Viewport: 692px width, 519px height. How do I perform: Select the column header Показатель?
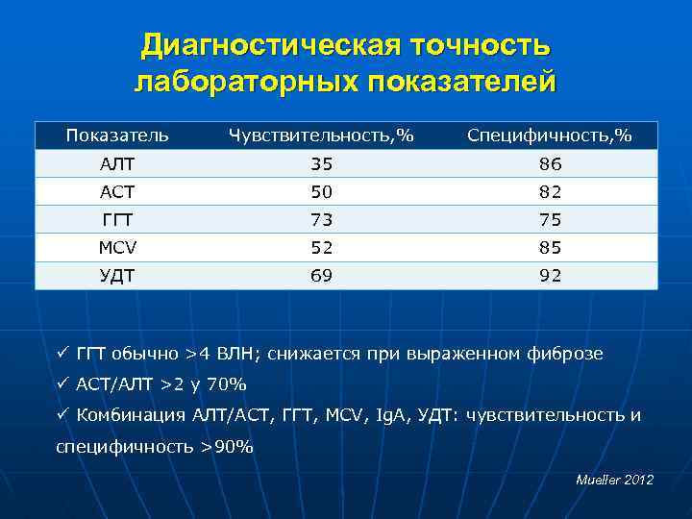117,136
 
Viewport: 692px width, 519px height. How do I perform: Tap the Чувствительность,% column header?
321,136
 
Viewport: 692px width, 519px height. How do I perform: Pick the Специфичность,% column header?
550,136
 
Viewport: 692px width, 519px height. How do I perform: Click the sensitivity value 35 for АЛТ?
321,163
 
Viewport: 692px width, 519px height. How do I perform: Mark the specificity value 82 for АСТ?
550,191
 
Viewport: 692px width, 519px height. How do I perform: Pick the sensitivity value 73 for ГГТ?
321,219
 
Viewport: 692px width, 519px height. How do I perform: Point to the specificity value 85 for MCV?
550,247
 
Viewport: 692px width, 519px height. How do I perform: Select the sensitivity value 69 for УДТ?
321,276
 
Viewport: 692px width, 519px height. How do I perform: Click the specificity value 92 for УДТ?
550,276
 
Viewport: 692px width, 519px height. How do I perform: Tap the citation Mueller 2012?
614,479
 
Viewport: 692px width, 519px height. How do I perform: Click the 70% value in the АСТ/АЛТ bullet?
228,384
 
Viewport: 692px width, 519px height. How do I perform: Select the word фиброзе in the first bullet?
568,354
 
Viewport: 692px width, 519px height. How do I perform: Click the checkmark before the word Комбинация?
62,414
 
